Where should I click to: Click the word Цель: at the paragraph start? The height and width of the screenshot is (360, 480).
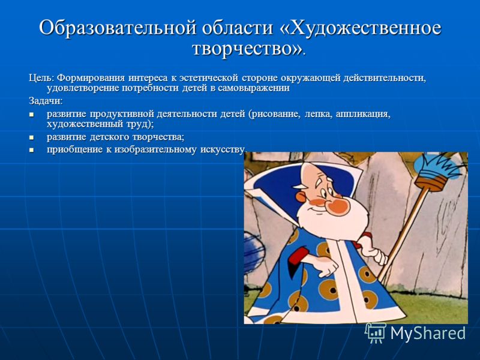click(41, 79)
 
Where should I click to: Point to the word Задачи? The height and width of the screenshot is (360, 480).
click(46, 101)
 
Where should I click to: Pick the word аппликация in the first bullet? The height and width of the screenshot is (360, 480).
click(363, 115)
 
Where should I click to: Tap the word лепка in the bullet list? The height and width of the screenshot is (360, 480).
click(319, 115)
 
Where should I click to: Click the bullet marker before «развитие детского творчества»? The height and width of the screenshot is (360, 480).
click(31, 137)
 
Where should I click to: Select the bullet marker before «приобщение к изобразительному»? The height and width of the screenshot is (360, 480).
click(31, 150)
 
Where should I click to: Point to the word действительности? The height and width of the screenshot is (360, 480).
click(384, 79)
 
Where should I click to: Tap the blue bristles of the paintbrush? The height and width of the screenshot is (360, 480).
click(439, 166)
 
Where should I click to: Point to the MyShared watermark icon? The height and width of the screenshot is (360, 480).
click(376, 333)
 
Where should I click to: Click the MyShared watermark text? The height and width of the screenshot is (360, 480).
click(428, 333)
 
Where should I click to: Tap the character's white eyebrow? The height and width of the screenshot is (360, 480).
click(300, 186)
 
